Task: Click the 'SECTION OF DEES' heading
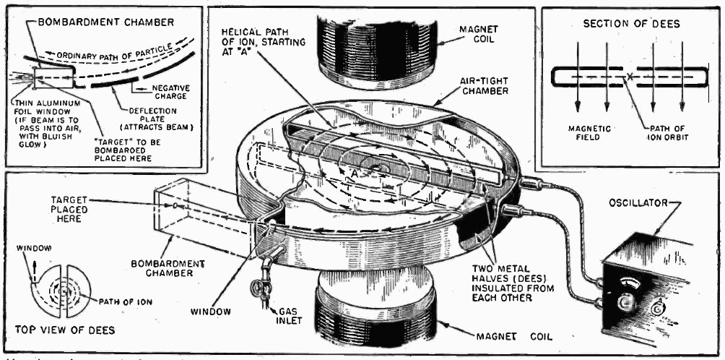point(630,25)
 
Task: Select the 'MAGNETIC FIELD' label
point(589,133)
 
